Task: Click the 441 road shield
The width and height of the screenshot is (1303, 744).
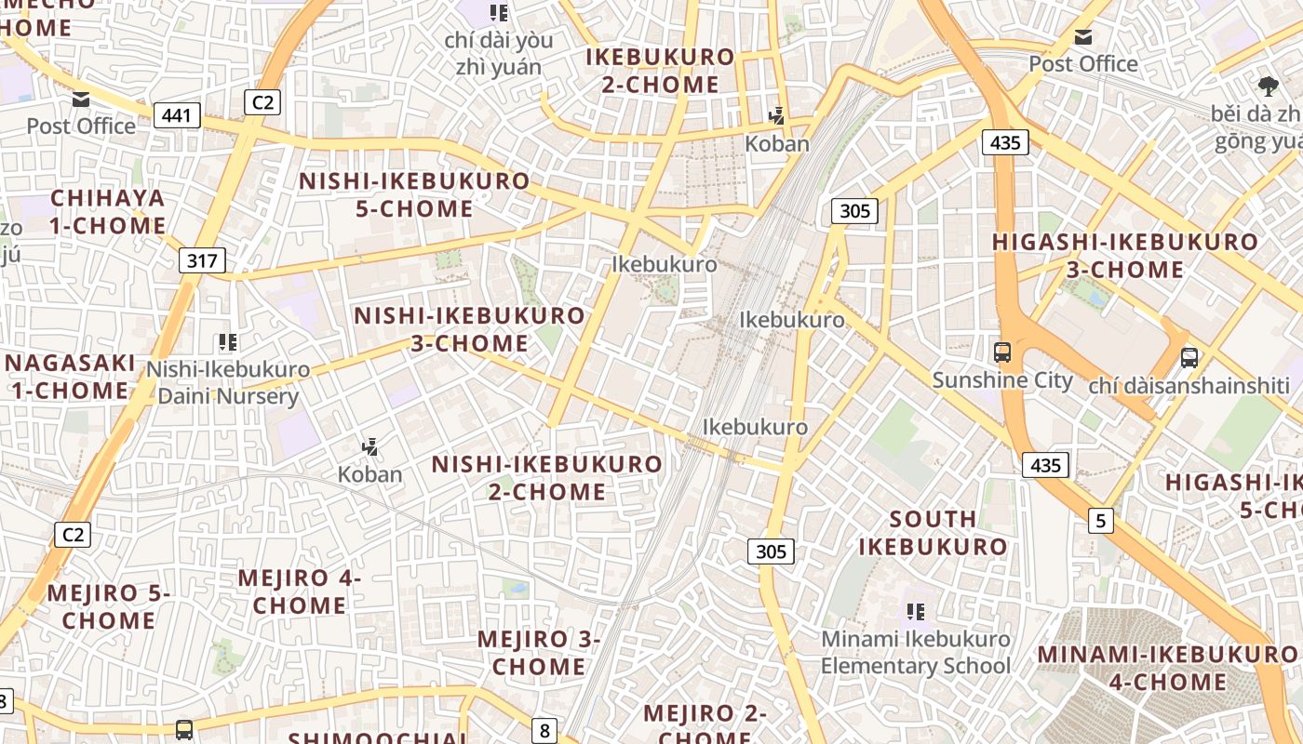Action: click(x=177, y=115)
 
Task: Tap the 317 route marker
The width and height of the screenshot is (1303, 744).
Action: click(x=202, y=260)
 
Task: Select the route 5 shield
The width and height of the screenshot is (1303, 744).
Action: click(x=1101, y=521)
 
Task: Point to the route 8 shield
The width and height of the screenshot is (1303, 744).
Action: click(x=544, y=731)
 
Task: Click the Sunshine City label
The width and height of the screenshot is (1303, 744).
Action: click(x=1002, y=380)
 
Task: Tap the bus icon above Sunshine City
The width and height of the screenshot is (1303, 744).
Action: click(x=1002, y=352)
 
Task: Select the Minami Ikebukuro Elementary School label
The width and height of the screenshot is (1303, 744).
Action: click(x=915, y=652)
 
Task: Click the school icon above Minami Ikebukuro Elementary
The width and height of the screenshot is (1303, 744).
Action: click(x=916, y=612)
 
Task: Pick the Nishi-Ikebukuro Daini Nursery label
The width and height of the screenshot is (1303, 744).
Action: click(x=228, y=382)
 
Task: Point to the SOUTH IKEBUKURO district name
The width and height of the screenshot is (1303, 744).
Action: click(x=933, y=532)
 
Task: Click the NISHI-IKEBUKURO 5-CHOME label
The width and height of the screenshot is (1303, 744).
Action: click(x=414, y=194)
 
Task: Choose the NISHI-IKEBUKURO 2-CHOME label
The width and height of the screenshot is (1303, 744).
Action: click(x=547, y=477)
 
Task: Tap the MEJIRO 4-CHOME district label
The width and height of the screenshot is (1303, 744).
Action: click(x=300, y=591)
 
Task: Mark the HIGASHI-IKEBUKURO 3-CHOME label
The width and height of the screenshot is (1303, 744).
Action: click(x=1124, y=256)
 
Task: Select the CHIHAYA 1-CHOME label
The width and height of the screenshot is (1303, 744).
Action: click(x=108, y=211)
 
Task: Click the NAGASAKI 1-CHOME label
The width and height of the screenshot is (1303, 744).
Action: click(x=71, y=376)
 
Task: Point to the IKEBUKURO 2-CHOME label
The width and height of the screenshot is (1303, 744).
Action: click(x=661, y=70)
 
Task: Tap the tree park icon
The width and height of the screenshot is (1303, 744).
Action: click(x=1268, y=86)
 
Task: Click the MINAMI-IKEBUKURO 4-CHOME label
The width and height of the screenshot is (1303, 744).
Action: click(x=1167, y=668)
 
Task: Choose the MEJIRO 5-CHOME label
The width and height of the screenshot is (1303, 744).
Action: click(x=109, y=606)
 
